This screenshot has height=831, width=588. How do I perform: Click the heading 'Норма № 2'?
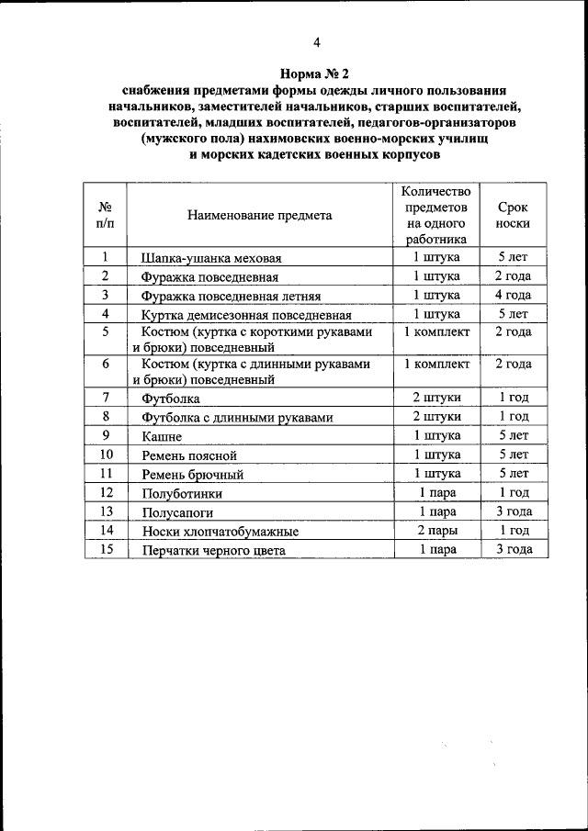[x=315, y=73]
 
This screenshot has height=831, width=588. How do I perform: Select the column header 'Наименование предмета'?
[x=260, y=216]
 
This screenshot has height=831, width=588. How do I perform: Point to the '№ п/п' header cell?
[x=106, y=216]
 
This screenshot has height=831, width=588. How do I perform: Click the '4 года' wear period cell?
[x=514, y=295]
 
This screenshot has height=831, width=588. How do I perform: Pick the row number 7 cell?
[x=106, y=398]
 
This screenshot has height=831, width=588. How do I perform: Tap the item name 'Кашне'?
[x=162, y=437]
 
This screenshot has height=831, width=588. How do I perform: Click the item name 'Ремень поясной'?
[x=189, y=455]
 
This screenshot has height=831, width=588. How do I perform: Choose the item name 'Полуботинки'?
[x=182, y=493]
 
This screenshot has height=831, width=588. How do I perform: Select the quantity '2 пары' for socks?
[x=437, y=531]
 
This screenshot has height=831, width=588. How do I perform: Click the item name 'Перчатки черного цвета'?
[x=213, y=551]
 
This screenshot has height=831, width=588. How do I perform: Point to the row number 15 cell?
[x=106, y=549]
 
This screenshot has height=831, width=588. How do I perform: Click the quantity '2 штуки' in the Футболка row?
[x=437, y=398]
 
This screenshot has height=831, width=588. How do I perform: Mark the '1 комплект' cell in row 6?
[x=437, y=364]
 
